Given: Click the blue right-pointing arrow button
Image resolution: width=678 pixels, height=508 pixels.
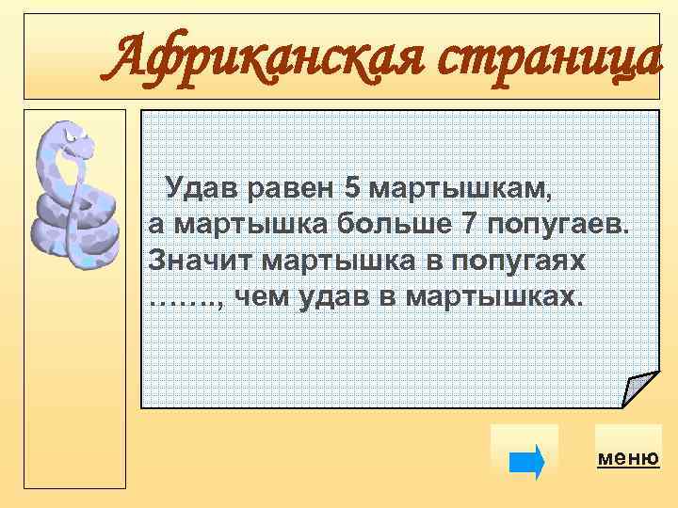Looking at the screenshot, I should coord(525,462).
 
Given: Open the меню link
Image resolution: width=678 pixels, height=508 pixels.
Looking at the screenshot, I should coord(628,458).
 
